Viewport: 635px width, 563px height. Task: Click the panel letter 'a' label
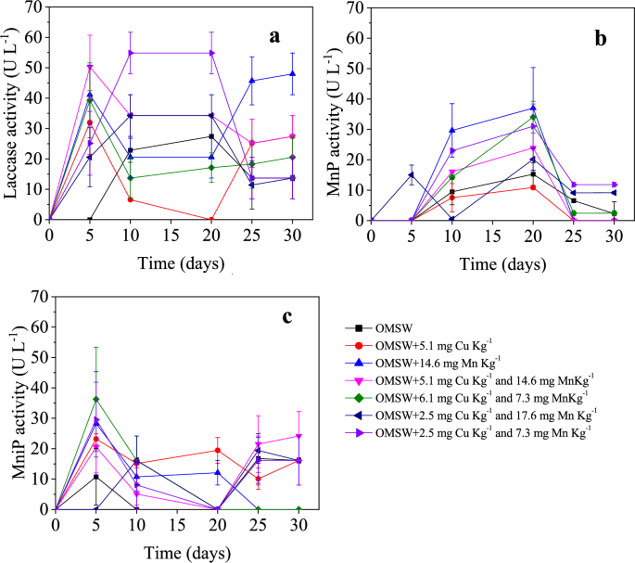coord(274,36)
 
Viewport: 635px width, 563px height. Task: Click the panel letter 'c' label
coord(288,315)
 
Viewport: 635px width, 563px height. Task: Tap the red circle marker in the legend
coord(357,345)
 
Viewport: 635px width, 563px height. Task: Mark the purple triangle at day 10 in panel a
coord(131,53)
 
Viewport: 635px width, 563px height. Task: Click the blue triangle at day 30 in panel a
coord(293,74)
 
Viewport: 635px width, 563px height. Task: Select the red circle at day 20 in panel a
coord(211,220)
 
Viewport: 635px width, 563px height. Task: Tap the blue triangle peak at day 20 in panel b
coord(534,108)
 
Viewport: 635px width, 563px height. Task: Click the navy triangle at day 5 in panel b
coord(411,174)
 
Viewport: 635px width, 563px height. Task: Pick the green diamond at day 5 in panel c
coord(96,399)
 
